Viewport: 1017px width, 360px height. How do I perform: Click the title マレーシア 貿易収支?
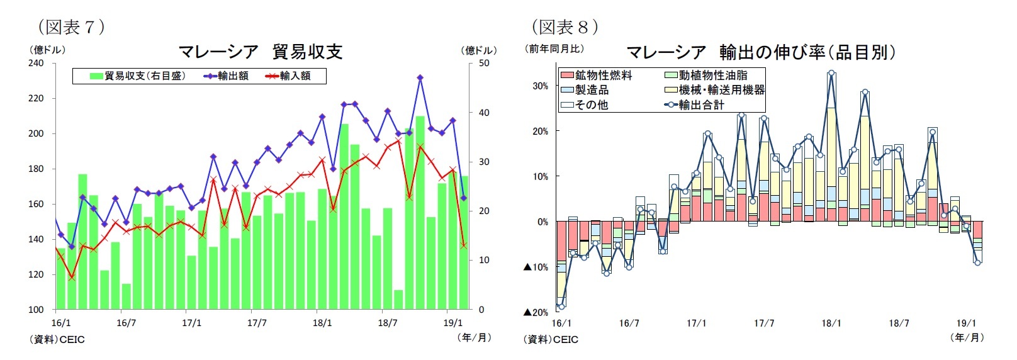[260, 52]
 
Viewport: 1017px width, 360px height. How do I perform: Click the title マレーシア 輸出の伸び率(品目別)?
[760, 52]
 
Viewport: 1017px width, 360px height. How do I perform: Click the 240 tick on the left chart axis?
[36, 63]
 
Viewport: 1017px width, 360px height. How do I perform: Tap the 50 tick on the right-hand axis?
[484, 63]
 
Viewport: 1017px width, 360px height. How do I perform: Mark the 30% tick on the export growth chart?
[540, 86]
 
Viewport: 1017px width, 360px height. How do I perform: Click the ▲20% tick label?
[536, 313]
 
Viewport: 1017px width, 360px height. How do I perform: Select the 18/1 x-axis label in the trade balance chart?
[322, 323]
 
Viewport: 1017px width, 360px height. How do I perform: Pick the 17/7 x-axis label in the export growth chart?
[764, 323]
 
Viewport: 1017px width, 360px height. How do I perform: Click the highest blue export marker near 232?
[420, 78]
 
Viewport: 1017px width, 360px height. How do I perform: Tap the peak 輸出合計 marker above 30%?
[831, 73]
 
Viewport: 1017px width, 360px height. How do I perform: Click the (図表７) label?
[71, 26]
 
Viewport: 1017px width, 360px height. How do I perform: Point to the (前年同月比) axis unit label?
[554, 48]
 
